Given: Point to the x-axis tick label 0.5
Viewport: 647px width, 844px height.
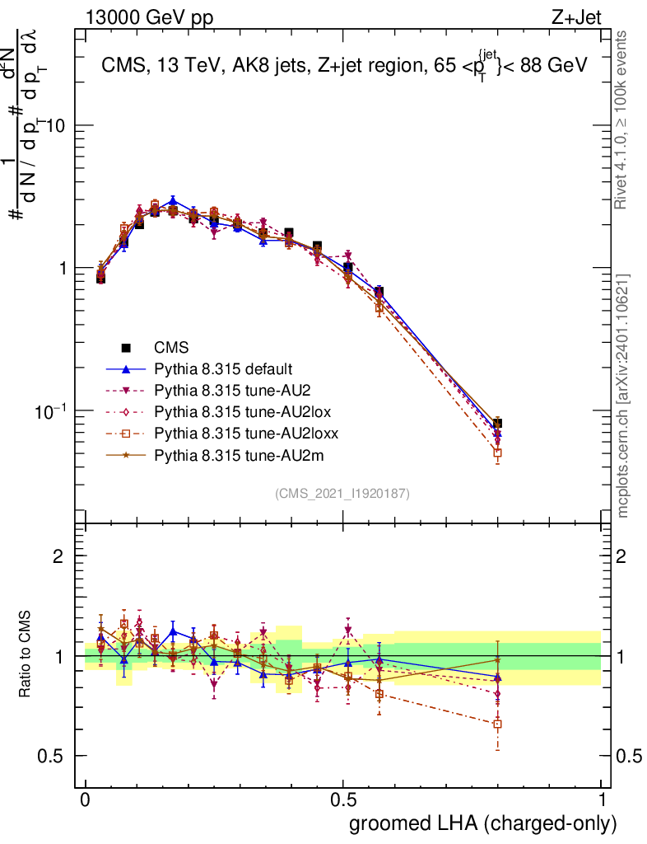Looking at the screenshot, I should tap(343, 800).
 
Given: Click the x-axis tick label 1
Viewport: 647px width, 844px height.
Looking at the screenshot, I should tap(602, 800).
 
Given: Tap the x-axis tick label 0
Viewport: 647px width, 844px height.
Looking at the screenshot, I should tap(86, 800).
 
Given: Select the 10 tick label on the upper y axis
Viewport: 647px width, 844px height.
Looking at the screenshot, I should tap(61, 125).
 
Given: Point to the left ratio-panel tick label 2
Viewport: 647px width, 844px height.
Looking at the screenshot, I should tap(58, 556).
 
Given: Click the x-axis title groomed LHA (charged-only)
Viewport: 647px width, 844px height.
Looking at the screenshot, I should tap(484, 823).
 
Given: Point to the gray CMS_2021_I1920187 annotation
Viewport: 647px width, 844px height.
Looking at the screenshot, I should tap(342, 493).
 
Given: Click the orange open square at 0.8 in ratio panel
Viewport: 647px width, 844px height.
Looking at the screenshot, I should tap(497, 724).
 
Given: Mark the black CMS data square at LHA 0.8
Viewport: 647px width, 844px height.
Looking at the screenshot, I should tap(497, 423).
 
